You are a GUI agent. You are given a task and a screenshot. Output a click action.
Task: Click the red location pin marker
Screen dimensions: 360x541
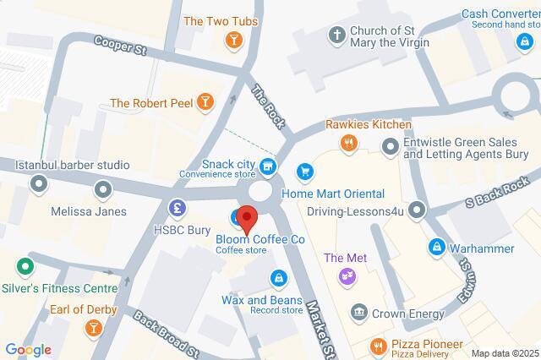247,219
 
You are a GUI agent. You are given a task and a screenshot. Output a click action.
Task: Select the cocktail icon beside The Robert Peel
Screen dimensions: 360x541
204,103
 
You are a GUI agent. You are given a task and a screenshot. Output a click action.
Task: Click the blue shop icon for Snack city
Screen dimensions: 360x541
268,166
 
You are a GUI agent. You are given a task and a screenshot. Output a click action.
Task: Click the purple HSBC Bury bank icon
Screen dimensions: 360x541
178,206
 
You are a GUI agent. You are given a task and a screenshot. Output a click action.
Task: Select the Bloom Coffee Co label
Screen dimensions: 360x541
260,239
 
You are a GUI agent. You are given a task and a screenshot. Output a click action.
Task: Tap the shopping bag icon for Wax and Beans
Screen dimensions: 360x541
278,277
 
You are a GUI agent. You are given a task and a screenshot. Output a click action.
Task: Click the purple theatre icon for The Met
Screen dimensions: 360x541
346,275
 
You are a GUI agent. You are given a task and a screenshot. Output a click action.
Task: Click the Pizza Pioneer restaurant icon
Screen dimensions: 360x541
378,345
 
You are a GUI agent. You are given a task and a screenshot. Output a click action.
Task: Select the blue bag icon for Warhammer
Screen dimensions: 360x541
436,248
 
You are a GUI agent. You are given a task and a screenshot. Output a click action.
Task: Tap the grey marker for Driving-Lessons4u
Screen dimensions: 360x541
416,209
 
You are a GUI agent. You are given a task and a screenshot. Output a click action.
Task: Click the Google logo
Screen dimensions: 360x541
28,349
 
